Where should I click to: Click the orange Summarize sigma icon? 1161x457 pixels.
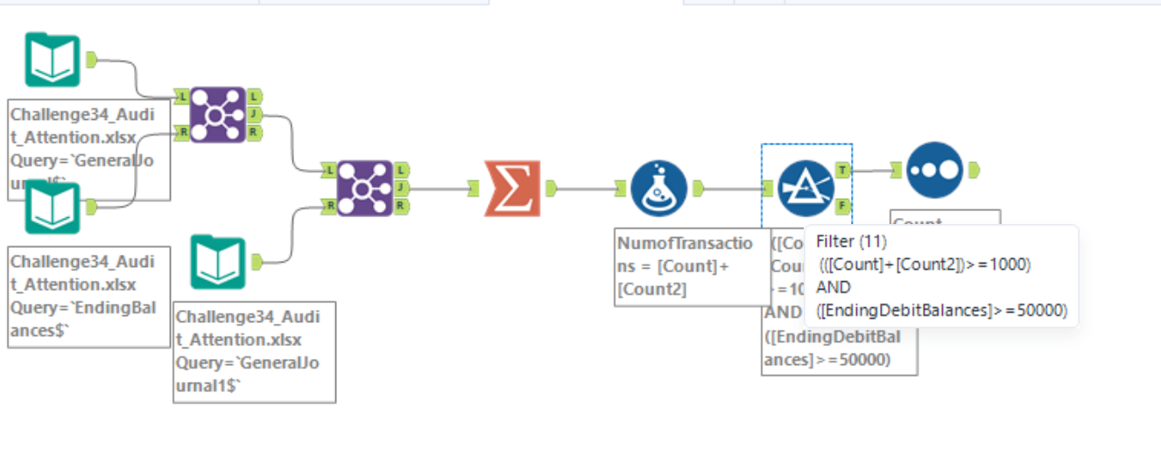(x=512, y=187)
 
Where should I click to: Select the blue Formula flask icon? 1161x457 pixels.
(x=658, y=187)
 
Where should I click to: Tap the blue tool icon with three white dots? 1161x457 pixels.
(x=934, y=170)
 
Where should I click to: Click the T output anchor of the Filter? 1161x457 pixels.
(x=842, y=171)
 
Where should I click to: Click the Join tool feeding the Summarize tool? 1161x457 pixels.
(x=364, y=187)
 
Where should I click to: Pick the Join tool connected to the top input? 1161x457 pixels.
(x=217, y=114)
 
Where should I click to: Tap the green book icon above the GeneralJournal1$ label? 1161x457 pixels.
(x=218, y=262)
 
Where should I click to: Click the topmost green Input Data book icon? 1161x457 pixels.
(x=53, y=60)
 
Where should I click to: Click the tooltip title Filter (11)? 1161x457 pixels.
(x=851, y=243)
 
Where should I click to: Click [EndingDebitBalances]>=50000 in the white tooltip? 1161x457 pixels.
(x=941, y=310)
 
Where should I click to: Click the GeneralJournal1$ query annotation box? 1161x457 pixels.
(x=254, y=351)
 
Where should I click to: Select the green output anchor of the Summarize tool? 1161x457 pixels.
(x=552, y=187)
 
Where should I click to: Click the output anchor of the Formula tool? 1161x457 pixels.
(x=699, y=187)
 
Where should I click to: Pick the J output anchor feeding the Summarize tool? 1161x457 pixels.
(x=401, y=187)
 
